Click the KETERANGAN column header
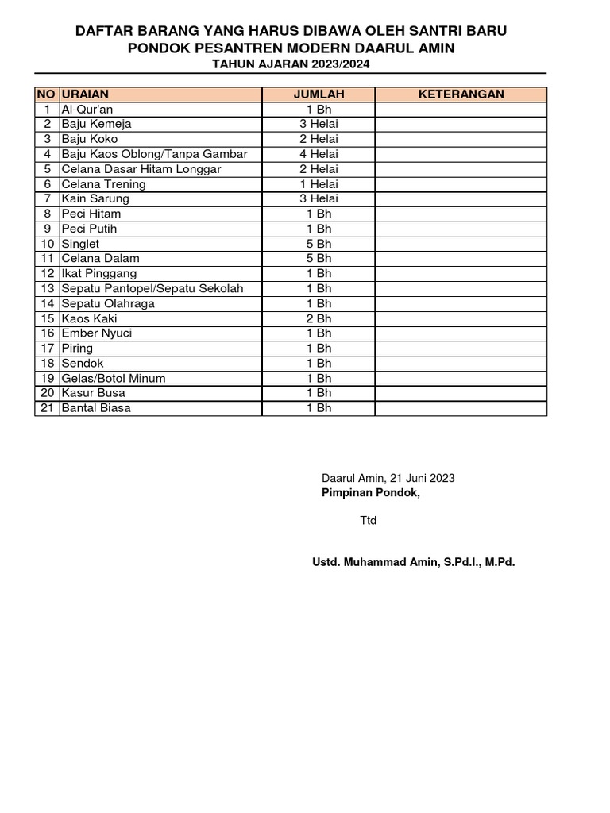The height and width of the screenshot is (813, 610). click(461, 94)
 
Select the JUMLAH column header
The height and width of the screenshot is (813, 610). click(319, 94)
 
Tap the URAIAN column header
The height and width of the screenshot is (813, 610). click(85, 94)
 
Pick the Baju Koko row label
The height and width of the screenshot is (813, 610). click(90, 139)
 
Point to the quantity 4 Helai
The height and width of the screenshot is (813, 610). click(319, 154)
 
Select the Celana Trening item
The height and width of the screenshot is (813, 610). click(103, 184)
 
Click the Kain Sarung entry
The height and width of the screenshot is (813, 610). click(95, 198)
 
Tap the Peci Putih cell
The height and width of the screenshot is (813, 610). click(89, 229)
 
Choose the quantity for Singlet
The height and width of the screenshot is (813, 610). click(319, 244)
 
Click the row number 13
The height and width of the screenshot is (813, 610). click(48, 288)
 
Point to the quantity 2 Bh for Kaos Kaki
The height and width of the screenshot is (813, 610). click(319, 318)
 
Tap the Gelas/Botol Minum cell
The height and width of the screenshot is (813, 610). click(114, 378)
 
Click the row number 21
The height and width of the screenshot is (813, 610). click(48, 408)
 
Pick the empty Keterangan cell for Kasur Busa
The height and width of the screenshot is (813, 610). click(461, 393)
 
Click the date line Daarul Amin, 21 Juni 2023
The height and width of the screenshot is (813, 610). click(388, 478)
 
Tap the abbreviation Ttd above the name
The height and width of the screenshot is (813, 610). click(369, 521)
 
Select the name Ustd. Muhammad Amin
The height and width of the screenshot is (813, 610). click(414, 563)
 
